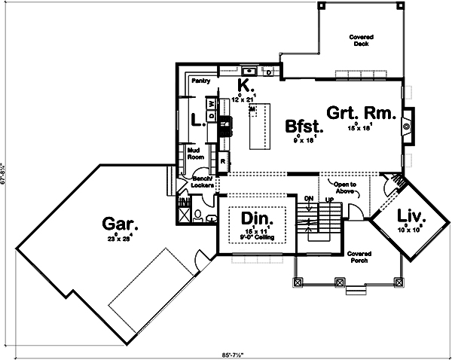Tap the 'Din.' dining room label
(255, 219)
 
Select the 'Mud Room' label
(196, 154)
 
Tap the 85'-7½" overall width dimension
(227, 353)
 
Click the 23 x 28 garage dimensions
(121, 239)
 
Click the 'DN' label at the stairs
(307, 197)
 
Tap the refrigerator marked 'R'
(223, 161)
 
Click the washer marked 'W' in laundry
(212, 103)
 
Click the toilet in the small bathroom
(197, 216)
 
